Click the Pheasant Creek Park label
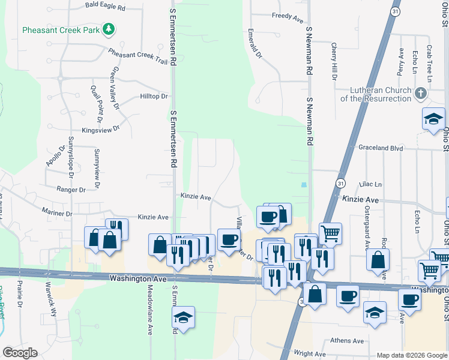point(61,29)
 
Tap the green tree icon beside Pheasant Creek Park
point(109,29)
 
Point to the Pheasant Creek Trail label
point(137,55)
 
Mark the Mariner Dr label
point(57,212)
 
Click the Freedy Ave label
point(288,17)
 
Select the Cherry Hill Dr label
point(334,61)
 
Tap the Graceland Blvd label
point(381,148)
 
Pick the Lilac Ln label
point(370,184)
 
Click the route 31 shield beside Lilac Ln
point(340,182)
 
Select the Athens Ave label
point(347,341)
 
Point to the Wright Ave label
point(310,354)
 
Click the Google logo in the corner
point(20,353)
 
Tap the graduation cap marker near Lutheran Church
point(433,118)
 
